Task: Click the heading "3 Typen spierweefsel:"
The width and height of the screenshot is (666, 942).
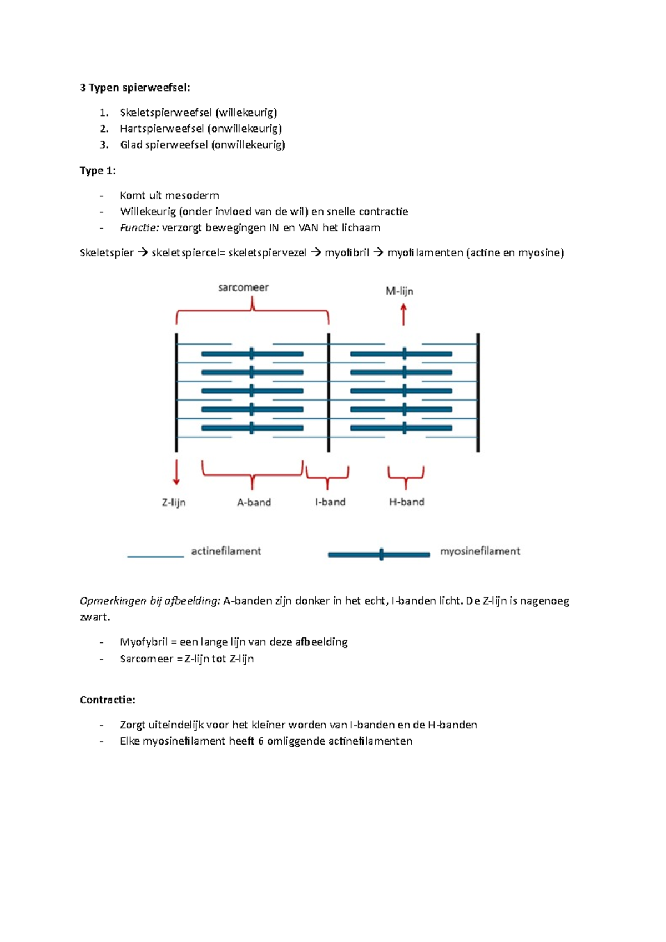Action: click(x=135, y=88)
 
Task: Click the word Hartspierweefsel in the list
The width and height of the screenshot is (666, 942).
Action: click(x=162, y=129)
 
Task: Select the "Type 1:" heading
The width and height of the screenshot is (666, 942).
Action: click(x=98, y=171)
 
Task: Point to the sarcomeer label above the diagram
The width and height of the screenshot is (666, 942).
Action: click(x=243, y=287)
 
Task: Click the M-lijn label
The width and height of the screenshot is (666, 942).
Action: click(x=399, y=291)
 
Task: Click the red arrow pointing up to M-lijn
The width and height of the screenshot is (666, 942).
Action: click(x=403, y=314)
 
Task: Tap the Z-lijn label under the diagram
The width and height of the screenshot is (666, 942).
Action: click(x=174, y=503)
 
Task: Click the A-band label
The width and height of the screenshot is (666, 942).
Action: click(x=254, y=503)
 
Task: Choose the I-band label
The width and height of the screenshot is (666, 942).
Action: click(x=330, y=502)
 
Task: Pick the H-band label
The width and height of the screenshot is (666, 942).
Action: click(x=406, y=502)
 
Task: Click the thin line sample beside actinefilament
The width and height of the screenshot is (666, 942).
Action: click(x=155, y=555)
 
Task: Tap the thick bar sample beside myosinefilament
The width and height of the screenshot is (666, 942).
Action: click(x=379, y=554)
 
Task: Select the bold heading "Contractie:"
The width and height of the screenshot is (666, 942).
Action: click(x=108, y=700)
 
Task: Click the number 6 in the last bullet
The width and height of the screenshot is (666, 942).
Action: click(x=260, y=741)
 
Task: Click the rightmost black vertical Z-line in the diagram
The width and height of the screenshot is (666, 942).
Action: click(x=478, y=392)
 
